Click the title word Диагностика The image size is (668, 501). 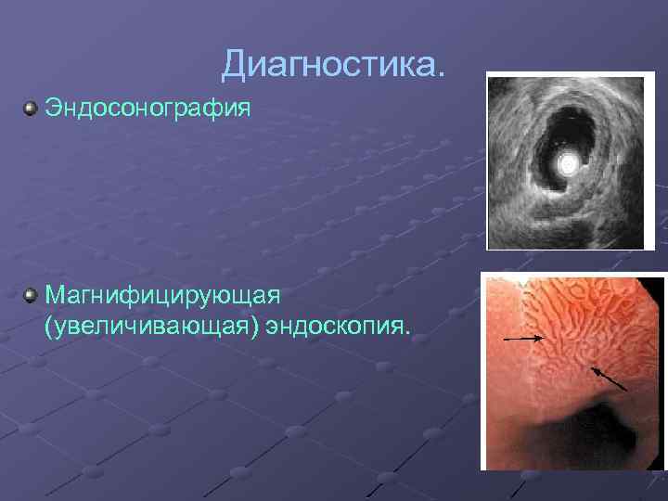tap(333, 64)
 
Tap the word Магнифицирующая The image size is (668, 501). tap(162, 296)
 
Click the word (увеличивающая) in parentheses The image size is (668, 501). tap(152, 326)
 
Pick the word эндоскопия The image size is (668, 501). tap(338, 326)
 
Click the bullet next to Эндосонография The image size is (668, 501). tap(31, 109)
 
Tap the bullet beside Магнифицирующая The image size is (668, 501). tap(31, 296)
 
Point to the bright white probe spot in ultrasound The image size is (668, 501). tap(568, 165)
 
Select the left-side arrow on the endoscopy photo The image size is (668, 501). tap(524, 340)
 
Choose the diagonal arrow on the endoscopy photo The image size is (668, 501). tap(609, 378)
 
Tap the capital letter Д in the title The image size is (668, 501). tap(235, 65)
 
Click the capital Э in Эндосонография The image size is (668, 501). tap(54, 109)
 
